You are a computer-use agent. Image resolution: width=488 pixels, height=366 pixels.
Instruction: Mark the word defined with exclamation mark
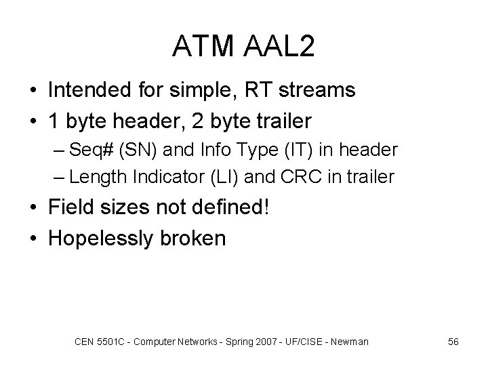(x=233, y=207)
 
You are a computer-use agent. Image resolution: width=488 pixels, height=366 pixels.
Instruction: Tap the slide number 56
(x=453, y=342)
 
